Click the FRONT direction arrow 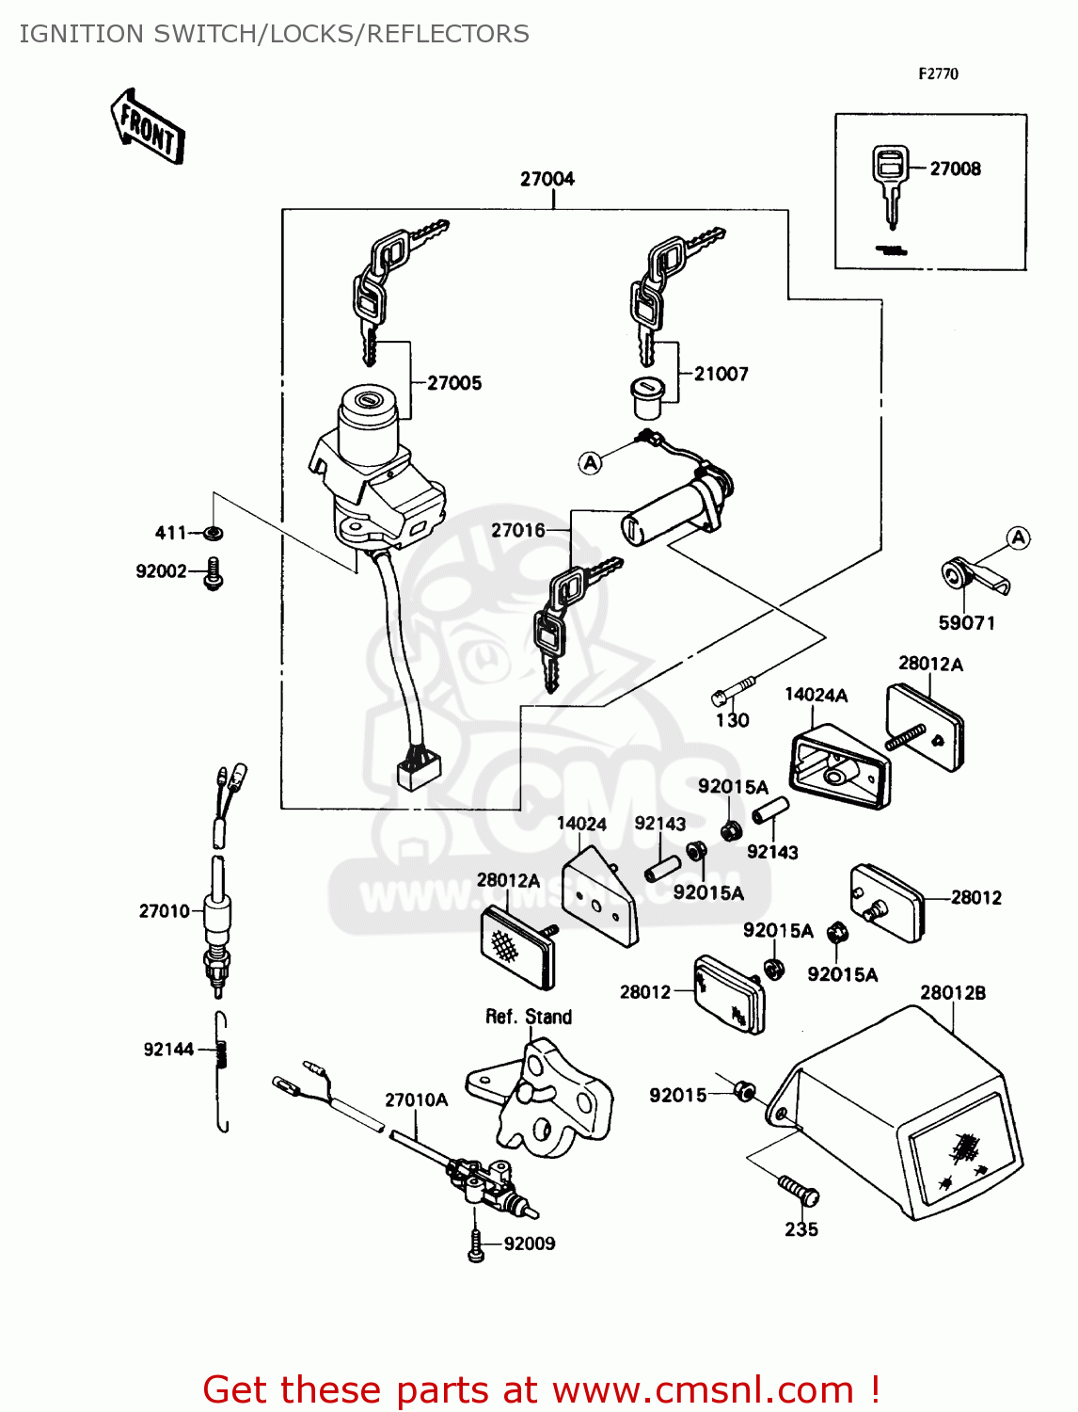pyautogui.click(x=148, y=127)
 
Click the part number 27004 pyautogui.click(x=547, y=179)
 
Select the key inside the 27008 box pyautogui.click(x=888, y=184)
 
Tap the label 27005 pyautogui.click(x=454, y=383)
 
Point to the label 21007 pyautogui.click(x=721, y=374)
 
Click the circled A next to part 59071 pyautogui.click(x=1019, y=538)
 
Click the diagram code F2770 pyautogui.click(x=938, y=73)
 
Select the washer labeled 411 pyautogui.click(x=214, y=534)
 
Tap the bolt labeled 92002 pyautogui.click(x=214, y=572)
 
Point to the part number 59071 pyautogui.click(x=966, y=623)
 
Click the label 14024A pyautogui.click(x=816, y=695)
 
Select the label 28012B pyautogui.click(x=952, y=992)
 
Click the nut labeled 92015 pyautogui.click(x=744, y=1092)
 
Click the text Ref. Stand pyautogui.click(x=528, y=1017)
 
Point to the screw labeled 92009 pyautogui.click(x=476, y=1244)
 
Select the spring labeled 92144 pyautogui.click(x=222, y=1054)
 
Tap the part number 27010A pyautogui.click(x=416, y=1099)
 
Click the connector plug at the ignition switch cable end pyautogui.click(x=418, y=771)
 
